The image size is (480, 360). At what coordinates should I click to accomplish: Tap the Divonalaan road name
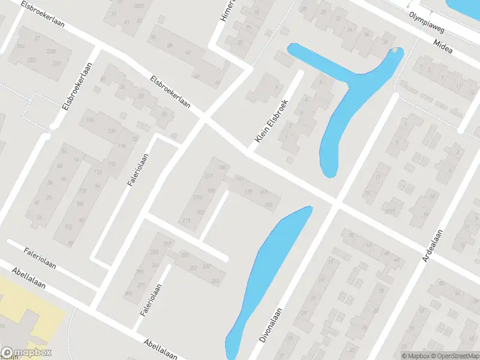pyautogui.click(x=271, y=325)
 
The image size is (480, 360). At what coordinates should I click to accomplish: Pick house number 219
pyautogui.click(x=186, y=221)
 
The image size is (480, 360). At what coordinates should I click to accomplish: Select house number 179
pyautogui.click(x=248, y=191)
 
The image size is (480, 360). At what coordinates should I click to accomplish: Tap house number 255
pyautogui.click(x=215, y=281)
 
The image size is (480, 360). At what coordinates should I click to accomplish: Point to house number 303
pyautogui.click(x=128, y=293)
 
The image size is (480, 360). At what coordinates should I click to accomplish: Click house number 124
pyautogui.click(x=91, y=120)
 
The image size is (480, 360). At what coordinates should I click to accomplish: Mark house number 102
pyautogui.click(x=68, y=226)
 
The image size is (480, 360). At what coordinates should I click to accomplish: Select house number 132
pyautogui.click(x=82, y=190)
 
